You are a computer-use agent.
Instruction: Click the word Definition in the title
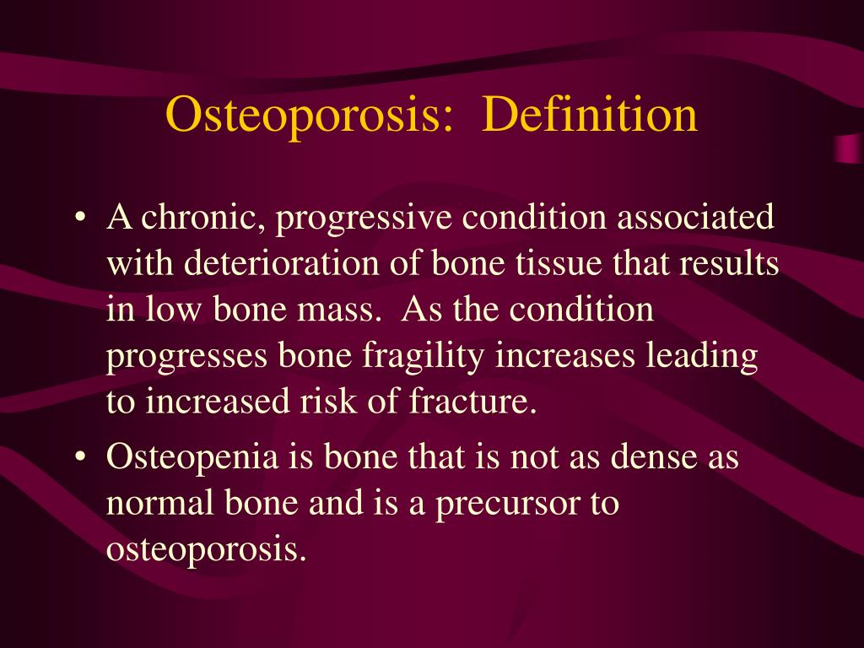coord(590,116)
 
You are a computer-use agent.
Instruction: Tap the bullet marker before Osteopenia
coord(80,459)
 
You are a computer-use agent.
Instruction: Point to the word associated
coord(695,219)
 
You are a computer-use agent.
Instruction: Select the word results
coord(729,264)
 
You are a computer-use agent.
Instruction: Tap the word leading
coord(702,355)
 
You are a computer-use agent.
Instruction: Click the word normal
coord(159,504)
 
